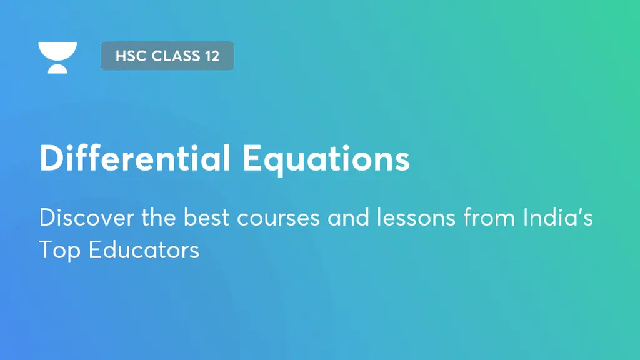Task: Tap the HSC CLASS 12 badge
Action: pyautogui.click(x=167, y=56)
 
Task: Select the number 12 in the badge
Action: pyautogui.click(x=211, y=56)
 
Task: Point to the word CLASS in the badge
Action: pyautogui.click(x=172, y=56)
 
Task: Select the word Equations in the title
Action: pyautogui.click(x=326, y=159)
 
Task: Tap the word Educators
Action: pyautogui.click(x=144, y=250)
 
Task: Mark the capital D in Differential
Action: pyautogui.click(x=52, y=158)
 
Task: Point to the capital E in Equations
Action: pyautogui.click(x=252, y=158)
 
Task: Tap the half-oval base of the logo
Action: pyautogui.click(x=57, y=68)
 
